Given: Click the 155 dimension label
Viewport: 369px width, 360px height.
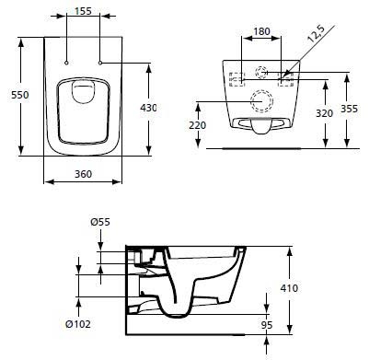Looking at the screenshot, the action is click(83, 11).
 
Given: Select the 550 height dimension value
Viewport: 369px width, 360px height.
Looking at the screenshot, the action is click(20, 95).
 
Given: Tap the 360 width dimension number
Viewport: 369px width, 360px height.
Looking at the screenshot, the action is click(83, 174).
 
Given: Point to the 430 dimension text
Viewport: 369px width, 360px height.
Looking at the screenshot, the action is click(148, 108).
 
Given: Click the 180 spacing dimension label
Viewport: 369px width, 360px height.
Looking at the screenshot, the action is click(261, 31).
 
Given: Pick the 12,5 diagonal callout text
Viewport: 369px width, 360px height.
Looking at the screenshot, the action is click(316, 34).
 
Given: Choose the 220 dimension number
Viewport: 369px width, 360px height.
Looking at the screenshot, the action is click(197, 125).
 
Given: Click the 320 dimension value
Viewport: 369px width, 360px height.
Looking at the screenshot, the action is click(324, 113).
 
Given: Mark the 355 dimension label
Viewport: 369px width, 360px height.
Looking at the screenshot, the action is click(349, 109).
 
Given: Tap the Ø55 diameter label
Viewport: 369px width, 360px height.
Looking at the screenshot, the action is click(100, 222).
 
